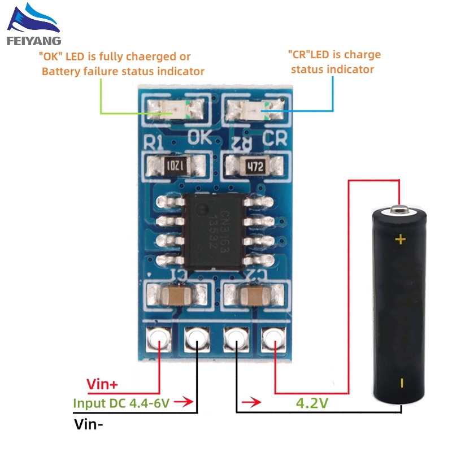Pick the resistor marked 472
pyautogui.click(x=254, y=166)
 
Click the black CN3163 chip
pyautogui.click(x=213, y=229)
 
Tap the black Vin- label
pyautogui.click(x=90, y=424)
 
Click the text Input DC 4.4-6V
pyautogui.click(x=121, y=403)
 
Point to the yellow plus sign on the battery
pyautogui.click(x=401, y=240)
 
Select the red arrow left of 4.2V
pyautogui.click(x=251, y=403)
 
